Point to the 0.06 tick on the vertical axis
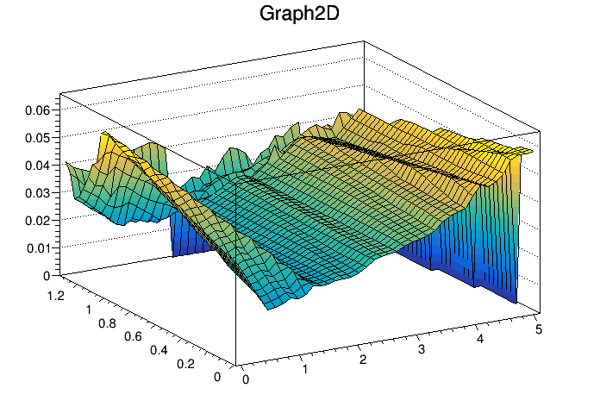[x=38, y=110]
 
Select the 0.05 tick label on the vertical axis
[x=38, y=137]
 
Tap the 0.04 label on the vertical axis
[x=38, y=165]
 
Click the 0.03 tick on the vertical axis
[x=38, y=192]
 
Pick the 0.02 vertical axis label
[x=38, y=220]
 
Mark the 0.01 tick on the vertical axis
[x=38, y=248]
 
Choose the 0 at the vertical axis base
[x=47, y=276]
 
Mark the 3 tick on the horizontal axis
[x=422, y=349]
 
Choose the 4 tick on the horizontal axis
[x=480, y=339]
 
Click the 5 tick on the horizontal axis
[x=539, y=329]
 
